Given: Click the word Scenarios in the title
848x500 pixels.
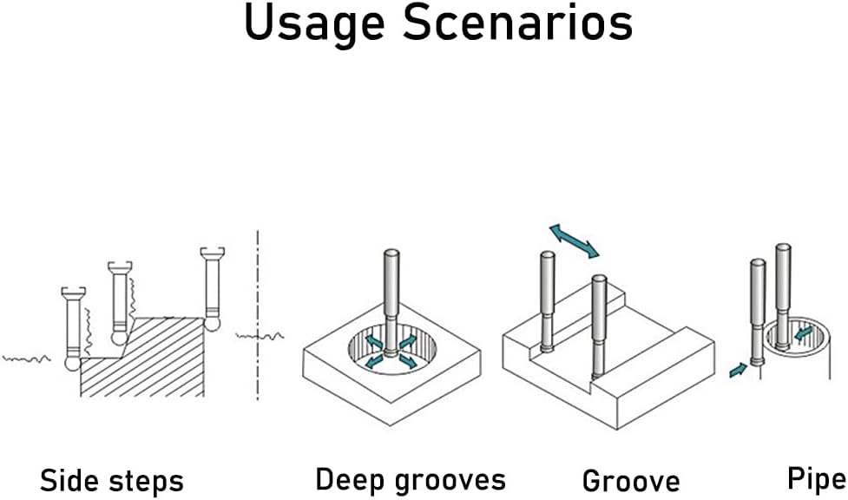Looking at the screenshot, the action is [517, 23].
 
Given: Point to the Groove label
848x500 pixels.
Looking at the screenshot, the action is [631, 481].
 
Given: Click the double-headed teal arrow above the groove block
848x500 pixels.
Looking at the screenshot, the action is [574, 241].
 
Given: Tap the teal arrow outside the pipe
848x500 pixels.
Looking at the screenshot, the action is [739, 370].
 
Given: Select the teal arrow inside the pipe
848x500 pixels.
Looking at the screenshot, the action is [804, 332].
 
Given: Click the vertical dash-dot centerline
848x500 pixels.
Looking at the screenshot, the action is [258, 315].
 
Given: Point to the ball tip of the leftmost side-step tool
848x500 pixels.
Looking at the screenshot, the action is [72, 363].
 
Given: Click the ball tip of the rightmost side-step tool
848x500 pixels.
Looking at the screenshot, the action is [212, 324].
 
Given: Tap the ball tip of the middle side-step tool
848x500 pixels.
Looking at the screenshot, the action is [120, 338].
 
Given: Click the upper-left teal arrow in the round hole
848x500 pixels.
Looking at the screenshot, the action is [374, 341].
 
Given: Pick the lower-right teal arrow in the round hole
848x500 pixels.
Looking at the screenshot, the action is [408, 360].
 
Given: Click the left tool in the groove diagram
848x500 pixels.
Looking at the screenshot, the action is [548, 301].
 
